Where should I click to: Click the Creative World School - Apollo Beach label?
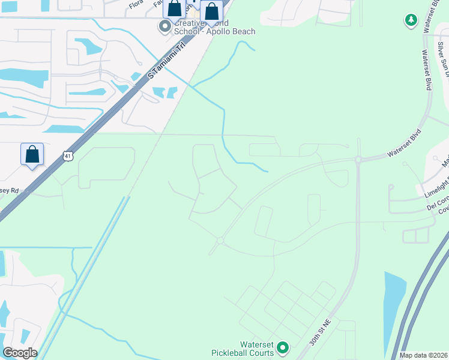click(215, 27)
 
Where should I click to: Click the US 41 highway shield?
click(68, 156)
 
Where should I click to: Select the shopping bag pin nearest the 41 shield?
click(32, 154)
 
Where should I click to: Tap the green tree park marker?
click(411, 21)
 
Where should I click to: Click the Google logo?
click(20, 353)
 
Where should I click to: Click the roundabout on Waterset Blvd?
click(358, 160)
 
